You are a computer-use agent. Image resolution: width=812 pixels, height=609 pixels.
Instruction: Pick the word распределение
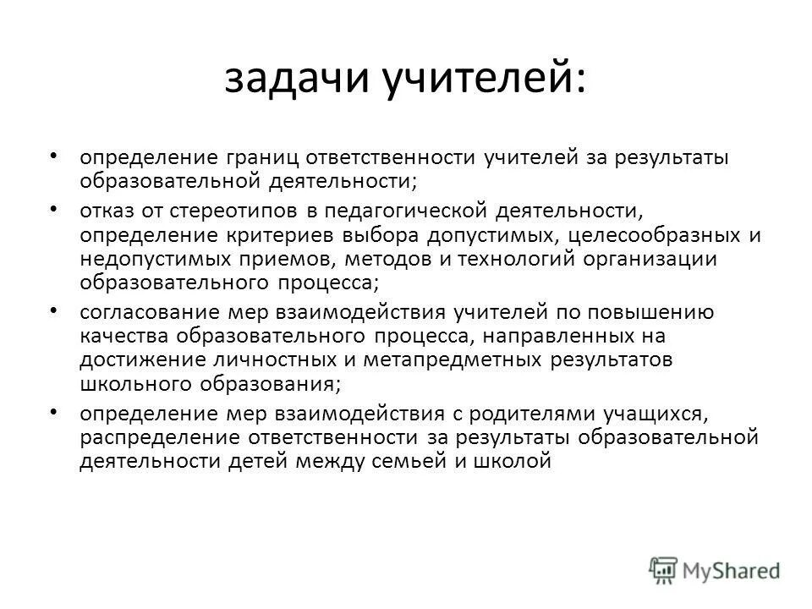click(x=161, y=438)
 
